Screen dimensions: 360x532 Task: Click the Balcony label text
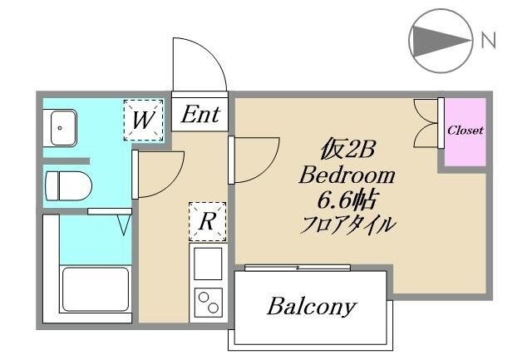point(312,307)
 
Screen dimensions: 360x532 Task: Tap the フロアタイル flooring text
point(348,224)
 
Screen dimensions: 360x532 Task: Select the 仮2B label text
point(348,151)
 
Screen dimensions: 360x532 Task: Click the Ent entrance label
point(200,114)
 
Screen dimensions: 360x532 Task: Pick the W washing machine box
point(142,120)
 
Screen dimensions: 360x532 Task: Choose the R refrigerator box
point(206,221)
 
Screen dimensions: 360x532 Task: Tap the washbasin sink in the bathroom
point(61,128)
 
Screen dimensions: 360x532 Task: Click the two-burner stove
point(207,301)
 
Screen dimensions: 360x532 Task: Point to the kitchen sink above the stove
point(207,263)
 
